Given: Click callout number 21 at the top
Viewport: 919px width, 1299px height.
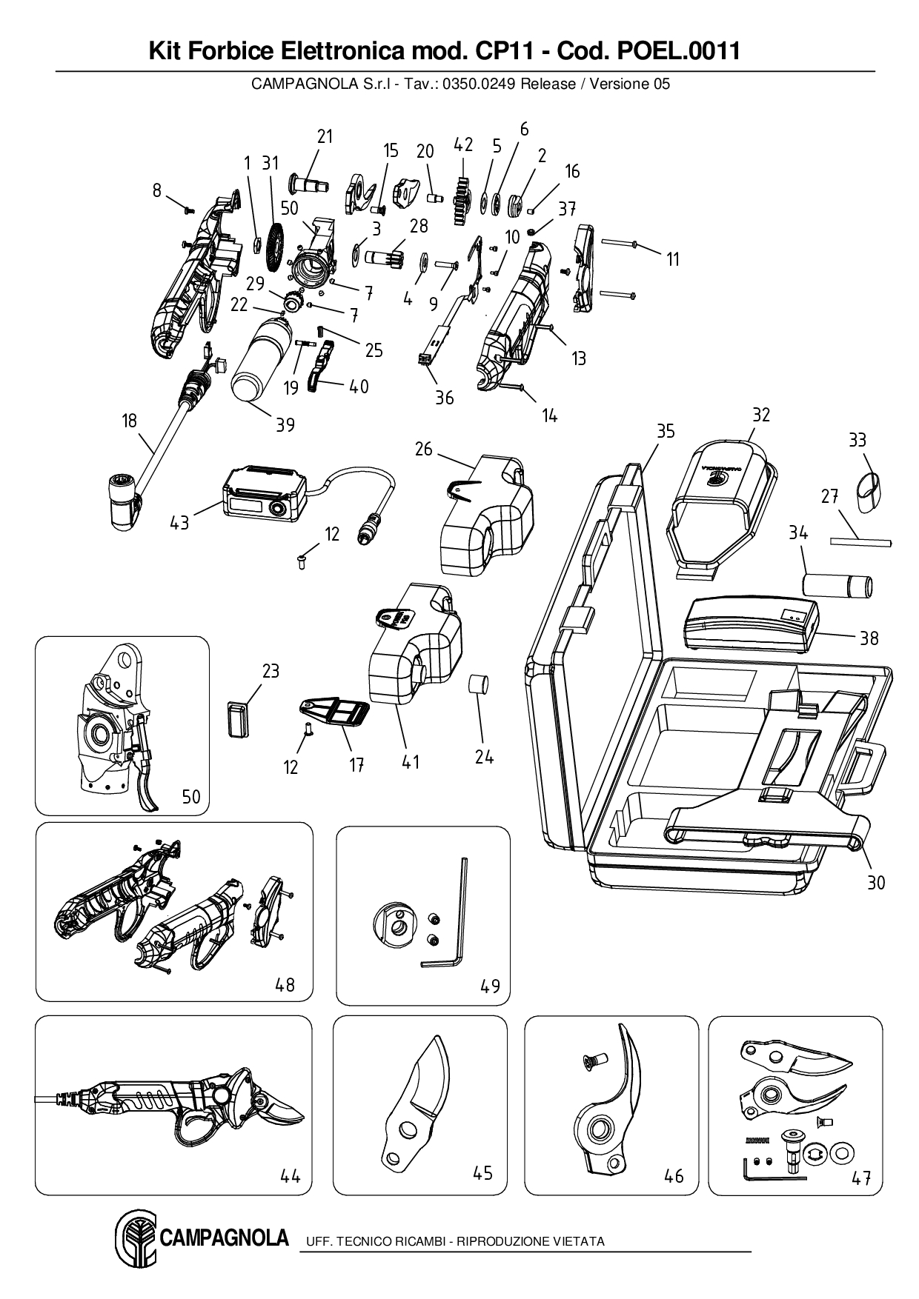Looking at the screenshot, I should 325,136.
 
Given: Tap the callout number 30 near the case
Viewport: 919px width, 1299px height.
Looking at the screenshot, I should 875,883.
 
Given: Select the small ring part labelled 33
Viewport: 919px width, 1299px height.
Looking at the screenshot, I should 869,492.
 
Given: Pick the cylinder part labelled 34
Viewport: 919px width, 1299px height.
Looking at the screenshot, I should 837,584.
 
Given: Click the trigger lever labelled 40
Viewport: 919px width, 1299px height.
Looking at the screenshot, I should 320,368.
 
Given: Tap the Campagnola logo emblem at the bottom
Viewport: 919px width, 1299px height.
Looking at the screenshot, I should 136,1238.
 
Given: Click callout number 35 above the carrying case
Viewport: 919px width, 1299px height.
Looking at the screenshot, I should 666,430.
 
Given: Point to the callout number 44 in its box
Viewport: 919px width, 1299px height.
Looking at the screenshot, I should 290,1176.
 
